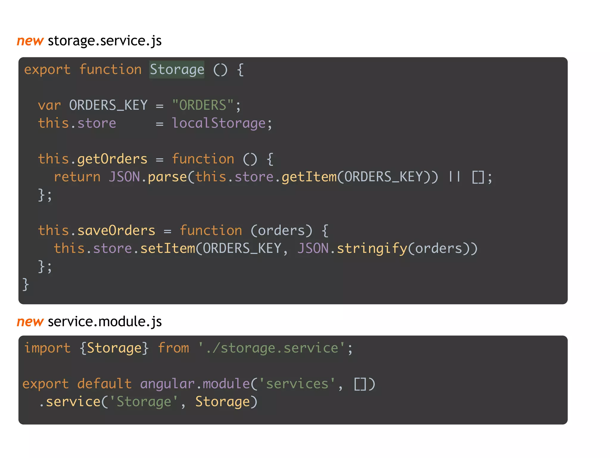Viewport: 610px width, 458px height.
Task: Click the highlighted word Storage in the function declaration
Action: coord(177,70)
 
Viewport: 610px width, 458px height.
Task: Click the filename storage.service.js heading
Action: coord(105,41)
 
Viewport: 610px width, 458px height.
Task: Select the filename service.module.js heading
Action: coord(105,322)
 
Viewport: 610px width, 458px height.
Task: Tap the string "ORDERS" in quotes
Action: coord(203,106)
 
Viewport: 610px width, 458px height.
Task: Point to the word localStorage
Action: coord(219,123)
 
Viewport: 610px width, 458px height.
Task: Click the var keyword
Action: coord(49,106)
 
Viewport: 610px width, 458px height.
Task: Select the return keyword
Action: coord(77,177)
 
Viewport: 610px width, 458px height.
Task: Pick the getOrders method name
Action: coord(112,159)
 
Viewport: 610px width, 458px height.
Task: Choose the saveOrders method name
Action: coord(116,231)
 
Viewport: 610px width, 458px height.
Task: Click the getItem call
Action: coord(309,177)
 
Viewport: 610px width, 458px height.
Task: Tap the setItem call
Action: coord(167,249)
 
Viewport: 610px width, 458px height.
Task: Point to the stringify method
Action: coord(372,249)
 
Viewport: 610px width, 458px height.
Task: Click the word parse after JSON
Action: coord(167,177)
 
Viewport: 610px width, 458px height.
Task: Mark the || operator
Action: coord(455,177)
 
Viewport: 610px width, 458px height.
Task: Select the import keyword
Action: coord(47,348)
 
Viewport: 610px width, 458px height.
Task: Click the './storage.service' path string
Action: coord(271,348)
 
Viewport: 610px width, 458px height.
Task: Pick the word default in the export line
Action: coord(104,384)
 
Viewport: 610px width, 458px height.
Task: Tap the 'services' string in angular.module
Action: coord(297,384)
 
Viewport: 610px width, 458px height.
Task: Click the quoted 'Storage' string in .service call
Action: coord(144,402)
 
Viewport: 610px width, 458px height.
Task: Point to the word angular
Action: coord(167,384)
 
